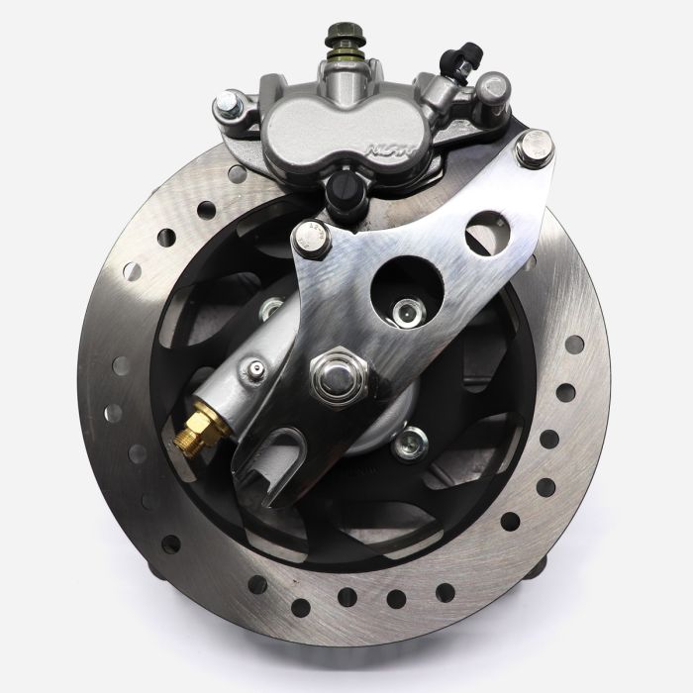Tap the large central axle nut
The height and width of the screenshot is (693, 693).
point(339,375)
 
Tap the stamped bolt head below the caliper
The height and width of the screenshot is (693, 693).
point(314,239)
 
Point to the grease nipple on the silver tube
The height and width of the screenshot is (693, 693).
point(257,370)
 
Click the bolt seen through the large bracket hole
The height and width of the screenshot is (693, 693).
point(405,314)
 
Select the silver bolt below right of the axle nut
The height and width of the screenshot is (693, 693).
point(407,444)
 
